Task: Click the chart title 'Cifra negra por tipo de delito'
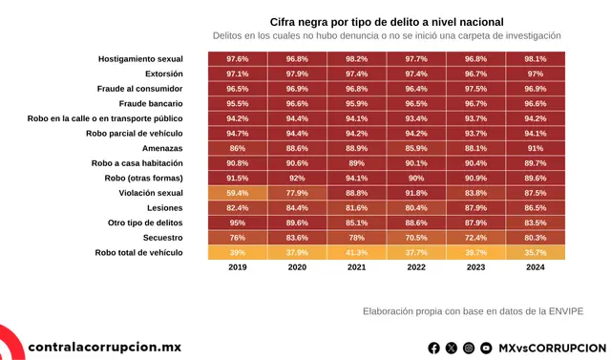click(386, 21)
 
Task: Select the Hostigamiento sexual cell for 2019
click(238, 59)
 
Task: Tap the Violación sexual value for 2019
click(238, 193)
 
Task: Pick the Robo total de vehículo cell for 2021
click(356, 252)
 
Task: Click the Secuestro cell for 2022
click(415, 238)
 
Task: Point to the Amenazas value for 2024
click(536, 148)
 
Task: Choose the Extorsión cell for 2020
click(297, 74)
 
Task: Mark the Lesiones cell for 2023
click(475, 207)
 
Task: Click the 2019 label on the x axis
click(238, 268)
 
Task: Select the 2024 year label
click(536, 268)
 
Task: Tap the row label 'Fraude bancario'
click(151, 103)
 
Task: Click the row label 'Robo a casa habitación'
click(137, 163)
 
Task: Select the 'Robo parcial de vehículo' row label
click(135, 134)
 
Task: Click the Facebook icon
click(434, 349)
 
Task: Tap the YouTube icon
click(486, 349)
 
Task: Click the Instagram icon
click(469, 349)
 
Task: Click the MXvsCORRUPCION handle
click(552, 349)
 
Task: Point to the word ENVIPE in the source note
click(562, 310)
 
